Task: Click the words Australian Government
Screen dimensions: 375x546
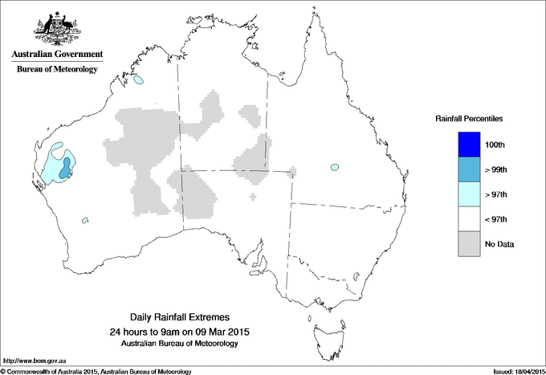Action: tap(57, 55)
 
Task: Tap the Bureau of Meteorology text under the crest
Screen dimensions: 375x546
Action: tap(57, 69)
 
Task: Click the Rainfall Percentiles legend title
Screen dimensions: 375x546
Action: tap(469, 118)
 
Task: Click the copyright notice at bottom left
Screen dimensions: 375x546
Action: tap(96, 371)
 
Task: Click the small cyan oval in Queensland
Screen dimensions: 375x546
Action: tap(333, 167)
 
